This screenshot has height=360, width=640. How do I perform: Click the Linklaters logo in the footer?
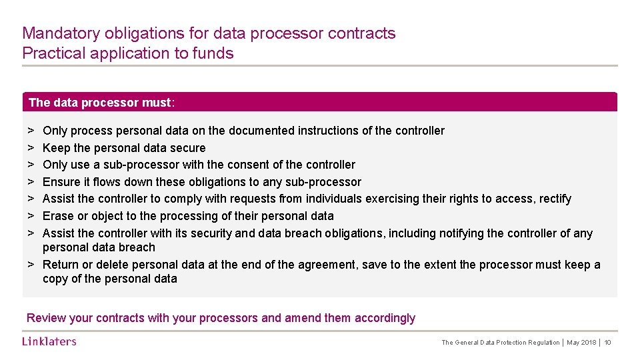pos(49,341)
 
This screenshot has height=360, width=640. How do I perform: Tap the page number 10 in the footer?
pos(608,343)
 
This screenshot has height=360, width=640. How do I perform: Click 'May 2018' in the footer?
pos(581,343)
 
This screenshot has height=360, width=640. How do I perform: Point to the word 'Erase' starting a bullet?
pos(58,216)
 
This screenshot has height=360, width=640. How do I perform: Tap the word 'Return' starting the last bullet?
pos(61,265)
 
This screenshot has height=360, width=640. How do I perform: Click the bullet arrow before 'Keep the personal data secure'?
pos(31,148)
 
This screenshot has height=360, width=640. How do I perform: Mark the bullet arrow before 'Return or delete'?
pos(31,265)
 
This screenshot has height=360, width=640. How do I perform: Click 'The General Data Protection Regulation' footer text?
pos(501,343)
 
